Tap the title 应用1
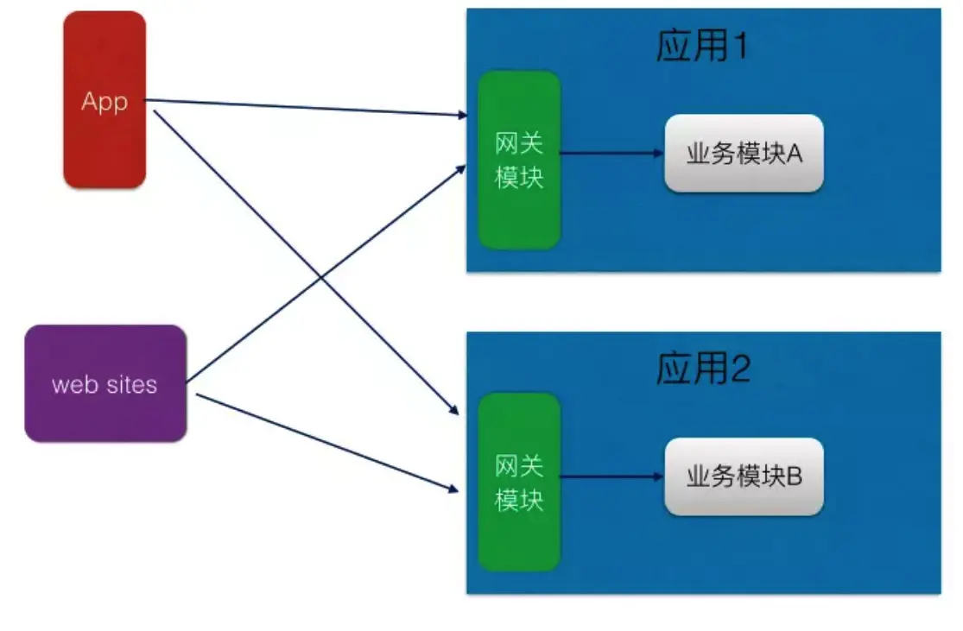701,46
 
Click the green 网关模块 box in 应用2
519,527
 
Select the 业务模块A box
744,154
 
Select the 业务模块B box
744,476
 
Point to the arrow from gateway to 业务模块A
611,154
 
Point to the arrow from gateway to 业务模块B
611,476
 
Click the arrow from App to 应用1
302,107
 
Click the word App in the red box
105,101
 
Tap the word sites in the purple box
130,384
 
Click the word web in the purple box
75,384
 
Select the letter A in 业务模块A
795,154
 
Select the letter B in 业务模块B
795,476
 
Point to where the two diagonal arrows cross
320,276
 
